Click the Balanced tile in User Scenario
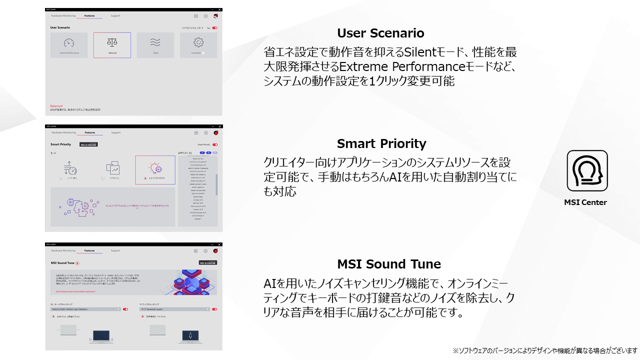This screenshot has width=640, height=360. point(112,45)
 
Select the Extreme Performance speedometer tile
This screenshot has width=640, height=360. point(69,45)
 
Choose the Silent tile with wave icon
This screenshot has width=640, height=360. point(155,45)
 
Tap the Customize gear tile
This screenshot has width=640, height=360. point(198,45)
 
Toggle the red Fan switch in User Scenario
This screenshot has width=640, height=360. point(214,28)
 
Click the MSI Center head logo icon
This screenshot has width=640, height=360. point(587,171)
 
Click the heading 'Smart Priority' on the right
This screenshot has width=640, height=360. point(381,144)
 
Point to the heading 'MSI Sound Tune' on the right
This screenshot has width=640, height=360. point(388,264)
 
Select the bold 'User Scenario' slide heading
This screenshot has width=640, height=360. point(380,33)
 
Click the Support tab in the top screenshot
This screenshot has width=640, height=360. point(115,16)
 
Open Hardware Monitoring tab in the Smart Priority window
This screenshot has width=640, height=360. point(63,132)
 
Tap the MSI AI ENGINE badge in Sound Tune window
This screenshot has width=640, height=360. point(207,262)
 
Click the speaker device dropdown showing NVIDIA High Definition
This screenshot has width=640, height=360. point(85,309)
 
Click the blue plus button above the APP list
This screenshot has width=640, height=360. point(202,152)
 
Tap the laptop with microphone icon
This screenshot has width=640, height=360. point(189,334)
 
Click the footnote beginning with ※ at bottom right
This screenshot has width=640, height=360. point(545,350)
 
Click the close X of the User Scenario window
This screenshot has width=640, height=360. point(219,9)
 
